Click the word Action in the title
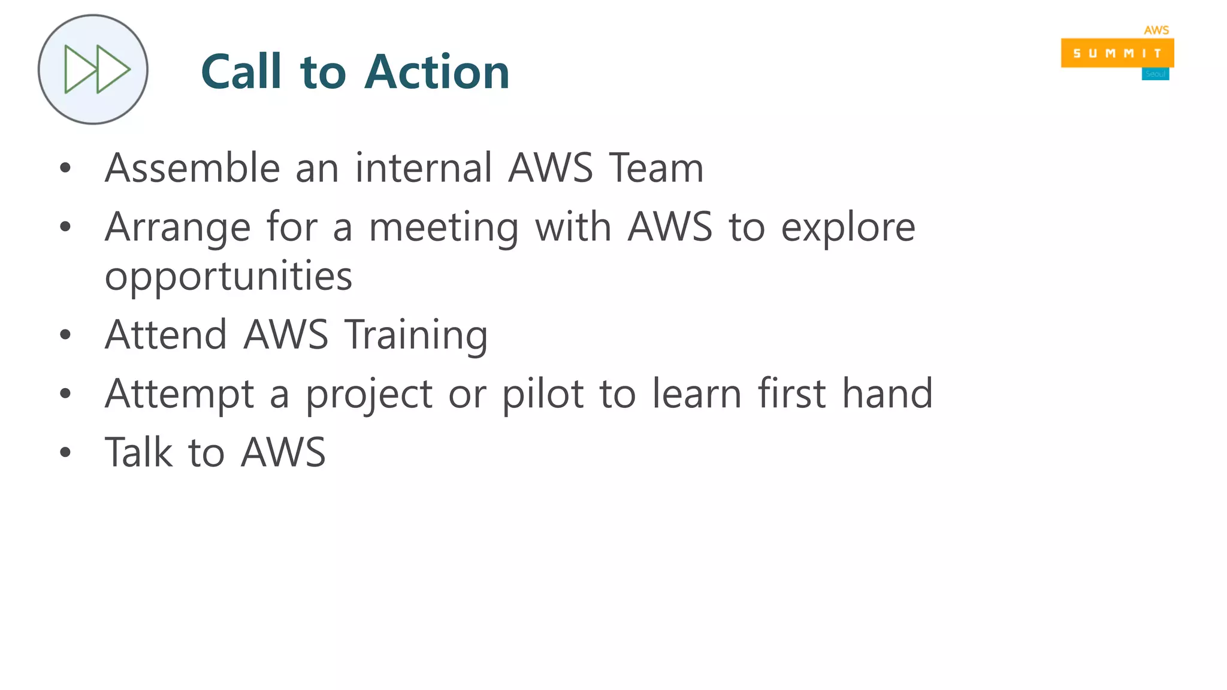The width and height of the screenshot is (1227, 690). click(437, 72)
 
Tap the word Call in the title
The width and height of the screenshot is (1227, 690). click(241, 72)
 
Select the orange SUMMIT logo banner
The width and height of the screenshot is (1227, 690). click(1117, 53)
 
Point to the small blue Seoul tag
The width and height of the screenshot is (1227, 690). click(1155, 74)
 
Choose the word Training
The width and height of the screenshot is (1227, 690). click(416, 335)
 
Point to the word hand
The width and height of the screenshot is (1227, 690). click(887, 394)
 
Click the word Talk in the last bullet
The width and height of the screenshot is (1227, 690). click(139, 452)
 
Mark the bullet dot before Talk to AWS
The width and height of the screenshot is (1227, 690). click(65, 453)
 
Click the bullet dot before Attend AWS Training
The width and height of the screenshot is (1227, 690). click(65, 335)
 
